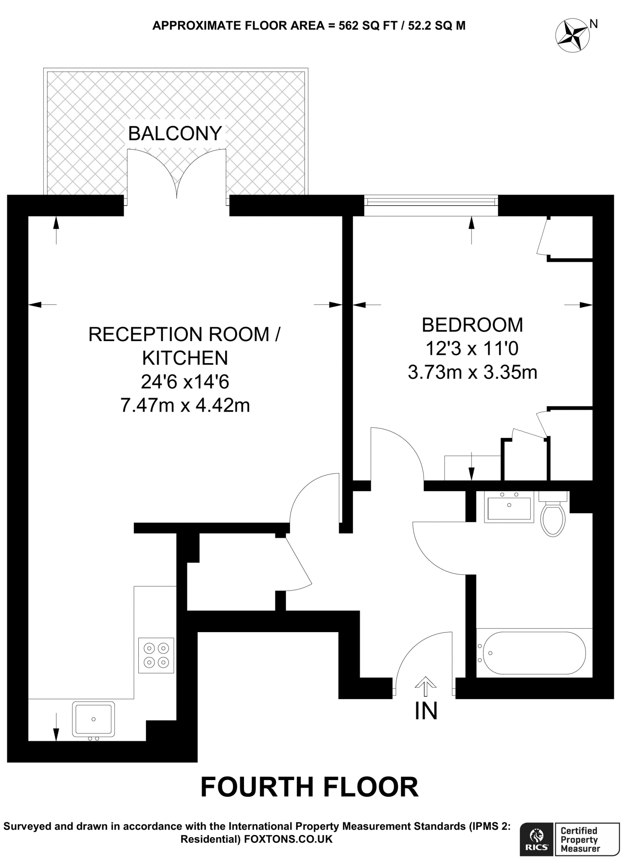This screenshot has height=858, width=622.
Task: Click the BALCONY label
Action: (175, 134)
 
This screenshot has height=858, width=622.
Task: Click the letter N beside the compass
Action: (593, 24)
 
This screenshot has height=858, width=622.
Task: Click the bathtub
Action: (534, 653)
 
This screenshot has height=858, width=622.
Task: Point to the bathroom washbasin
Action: (509, 507)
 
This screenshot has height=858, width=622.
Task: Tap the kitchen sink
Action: (93, 719)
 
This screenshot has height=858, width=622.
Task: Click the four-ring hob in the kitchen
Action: (156, 656)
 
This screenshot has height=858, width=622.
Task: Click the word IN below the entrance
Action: (426, 711)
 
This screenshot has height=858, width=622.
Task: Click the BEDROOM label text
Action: (472, 325)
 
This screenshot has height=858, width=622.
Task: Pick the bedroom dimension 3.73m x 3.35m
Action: (472, 372)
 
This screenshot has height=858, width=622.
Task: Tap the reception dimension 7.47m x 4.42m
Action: (185, 405)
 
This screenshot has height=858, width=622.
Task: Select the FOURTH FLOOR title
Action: (309, 787)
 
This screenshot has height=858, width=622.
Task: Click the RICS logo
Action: (537, 839)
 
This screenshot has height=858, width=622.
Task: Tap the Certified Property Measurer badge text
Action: (580, 838)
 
